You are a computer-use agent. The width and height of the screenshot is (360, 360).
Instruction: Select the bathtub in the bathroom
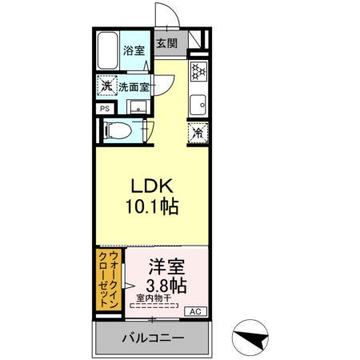(x=108, y=51)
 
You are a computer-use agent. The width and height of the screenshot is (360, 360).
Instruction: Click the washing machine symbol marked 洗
(x=106, y=86)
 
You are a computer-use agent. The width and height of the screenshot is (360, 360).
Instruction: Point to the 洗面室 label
(x=134, y=86)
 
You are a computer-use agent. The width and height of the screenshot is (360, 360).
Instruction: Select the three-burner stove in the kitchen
(x=196, y=71)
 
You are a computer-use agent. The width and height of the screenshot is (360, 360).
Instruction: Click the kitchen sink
(x=196, y=102)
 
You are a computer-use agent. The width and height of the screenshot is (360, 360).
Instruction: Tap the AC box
(x=194, y=311)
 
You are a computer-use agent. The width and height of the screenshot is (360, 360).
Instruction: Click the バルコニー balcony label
(x=153, y=338)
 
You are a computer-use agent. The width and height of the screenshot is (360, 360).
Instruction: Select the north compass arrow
(x=250, y=339)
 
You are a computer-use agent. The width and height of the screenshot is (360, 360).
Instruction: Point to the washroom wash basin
(x=134, y=108)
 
